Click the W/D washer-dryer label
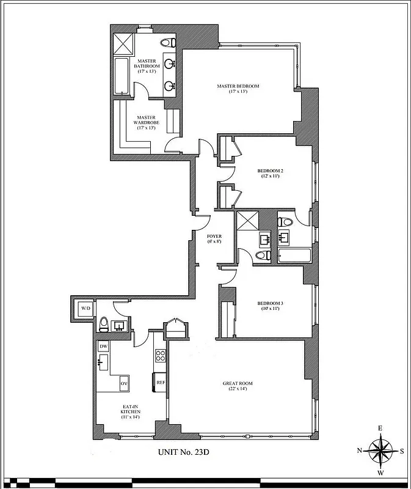coord(86,308)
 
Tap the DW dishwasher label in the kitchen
coord(103,346)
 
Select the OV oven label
coord(123,383)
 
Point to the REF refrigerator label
coord(161,382)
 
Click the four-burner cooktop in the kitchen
coord(161,355)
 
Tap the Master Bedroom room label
coord(238,89)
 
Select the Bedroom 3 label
coord(268,305)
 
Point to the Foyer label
coord(214,238)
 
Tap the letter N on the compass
coord(360,451)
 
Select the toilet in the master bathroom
coord(168,42)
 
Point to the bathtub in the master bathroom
coord(120,76)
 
